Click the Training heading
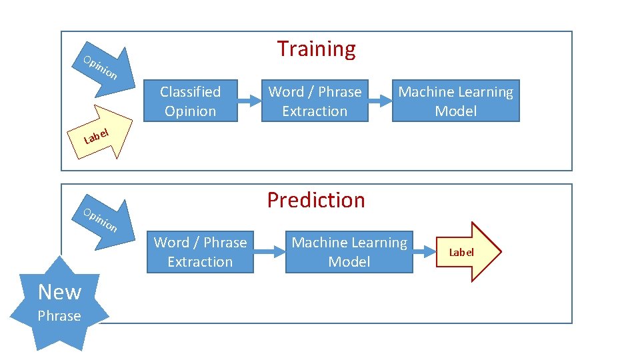[x=316, y=49]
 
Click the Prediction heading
[x=316, y=200]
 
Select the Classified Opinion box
[x=190, y=101]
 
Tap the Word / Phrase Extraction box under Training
[x=315, y=101]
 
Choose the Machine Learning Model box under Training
[x=455, y=101]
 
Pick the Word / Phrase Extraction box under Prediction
[x=200, y=252]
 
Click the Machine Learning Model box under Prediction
[x=349, y=252]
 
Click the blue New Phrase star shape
[x=60, y=303]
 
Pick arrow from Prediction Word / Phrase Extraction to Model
[x=270, y=252]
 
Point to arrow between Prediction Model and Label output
[x=425, y=252]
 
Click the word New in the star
[x=59, y=292]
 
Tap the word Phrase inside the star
[x=59, y=316]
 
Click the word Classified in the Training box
[x=190, y=92]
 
